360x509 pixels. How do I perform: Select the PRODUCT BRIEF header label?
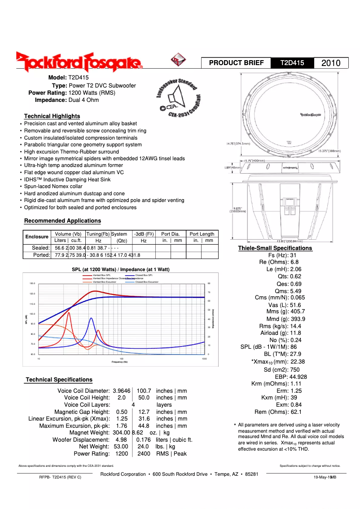(237, 63)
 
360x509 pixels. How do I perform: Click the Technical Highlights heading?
(52, 116)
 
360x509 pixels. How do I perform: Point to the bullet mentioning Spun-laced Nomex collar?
(53, 186)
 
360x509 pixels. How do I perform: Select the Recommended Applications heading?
(62, 221)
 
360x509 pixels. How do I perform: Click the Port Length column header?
(202, 234)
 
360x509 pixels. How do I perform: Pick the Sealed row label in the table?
(41, 248)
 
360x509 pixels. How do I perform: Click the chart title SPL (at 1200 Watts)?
(121, 269)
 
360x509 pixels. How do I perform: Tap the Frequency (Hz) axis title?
(119, 362)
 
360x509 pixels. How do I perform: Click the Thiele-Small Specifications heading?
(275, 248)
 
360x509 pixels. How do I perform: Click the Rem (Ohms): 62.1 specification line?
(278, 412)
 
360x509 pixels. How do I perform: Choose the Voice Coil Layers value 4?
(133, 404)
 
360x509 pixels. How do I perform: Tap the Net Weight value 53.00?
(121, 447)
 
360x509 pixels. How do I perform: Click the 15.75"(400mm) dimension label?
(254, 160)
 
